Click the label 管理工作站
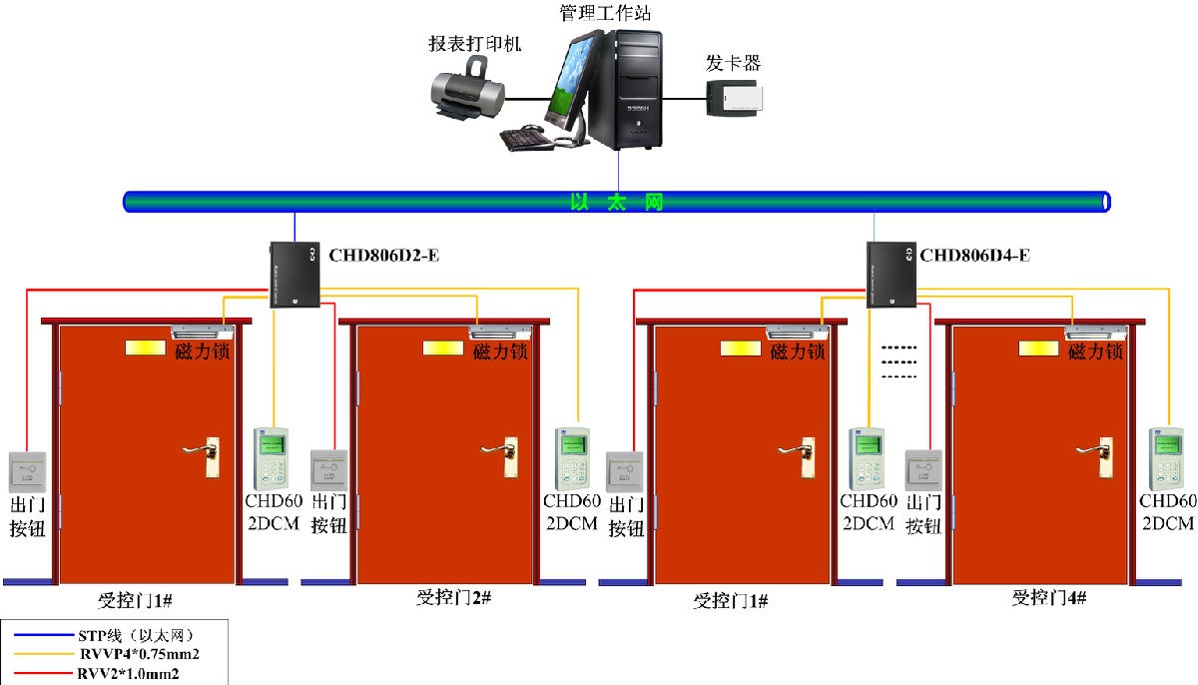pos(607,13)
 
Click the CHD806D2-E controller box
pos(295,275)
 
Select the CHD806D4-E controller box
pos(891,275)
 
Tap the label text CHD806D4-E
pos(974,256)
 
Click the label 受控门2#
pos(453,597)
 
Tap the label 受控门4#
pos(1048,597)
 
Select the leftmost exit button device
pos(27,470)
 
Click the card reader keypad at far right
pos(1165,458)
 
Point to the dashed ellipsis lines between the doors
pos(898,361)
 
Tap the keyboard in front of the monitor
pos(526,139)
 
